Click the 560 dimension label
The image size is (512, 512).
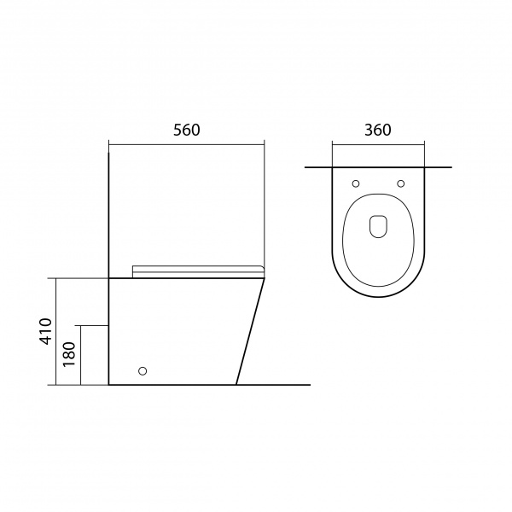tap(186, 130)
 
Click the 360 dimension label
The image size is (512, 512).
tap(378, 130)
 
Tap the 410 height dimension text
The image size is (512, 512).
tap(46, 331)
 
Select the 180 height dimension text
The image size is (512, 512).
tap(69, 354)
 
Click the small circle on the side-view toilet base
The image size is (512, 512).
tap(143, 370)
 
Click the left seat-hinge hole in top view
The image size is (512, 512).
tap(356, 183)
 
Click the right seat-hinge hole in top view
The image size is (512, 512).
tap(401, 183)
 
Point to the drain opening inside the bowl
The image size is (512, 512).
tap(378, 226)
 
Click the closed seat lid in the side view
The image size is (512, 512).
tap(198, 271)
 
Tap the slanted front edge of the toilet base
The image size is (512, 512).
tap(250, 331)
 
